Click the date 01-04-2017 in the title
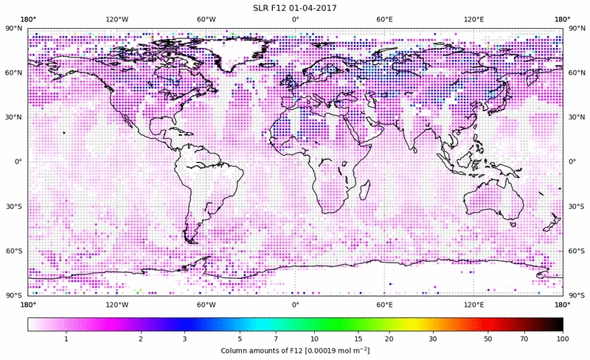[x=319, y=8]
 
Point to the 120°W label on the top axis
[x=117, y=18]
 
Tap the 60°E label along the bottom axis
[x=384, y=304]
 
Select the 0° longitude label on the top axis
[x=295, y=18]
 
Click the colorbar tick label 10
[x=315, y=338]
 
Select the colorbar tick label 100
[x=563, y=338]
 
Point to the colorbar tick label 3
[x=184, y=338]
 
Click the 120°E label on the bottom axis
[x=473, y=304]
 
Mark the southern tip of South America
[x=194, y=240]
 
